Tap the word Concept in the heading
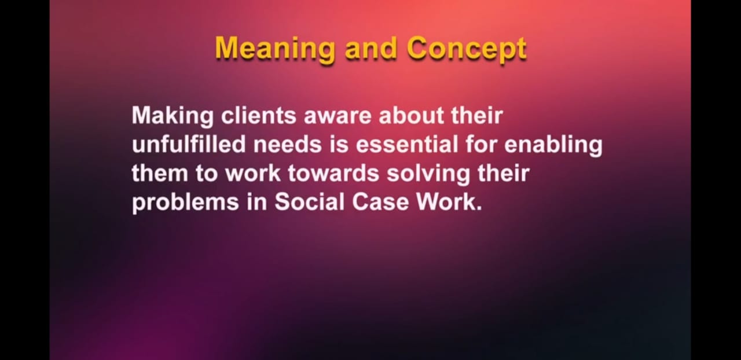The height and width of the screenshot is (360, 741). tap(467, 49)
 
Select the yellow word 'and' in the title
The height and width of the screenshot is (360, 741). tap(371, 47)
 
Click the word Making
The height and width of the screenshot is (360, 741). tap(173, 116)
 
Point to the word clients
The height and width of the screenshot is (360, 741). tap(259, 116)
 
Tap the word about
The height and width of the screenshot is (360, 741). tap(411, 116)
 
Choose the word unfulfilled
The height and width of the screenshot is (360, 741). tap(189, 144)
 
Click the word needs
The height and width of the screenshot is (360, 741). tap(288, 144)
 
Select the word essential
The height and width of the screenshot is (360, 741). tap(407, 144)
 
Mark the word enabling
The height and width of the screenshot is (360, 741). tap(553, 146)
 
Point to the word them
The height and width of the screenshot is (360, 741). tap(160, 173)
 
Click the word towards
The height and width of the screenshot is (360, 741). tap(333, 173)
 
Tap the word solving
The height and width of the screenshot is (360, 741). tap(428, 174)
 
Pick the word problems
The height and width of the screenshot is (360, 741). tap(186, 203)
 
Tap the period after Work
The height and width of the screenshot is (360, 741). tap(479, 208)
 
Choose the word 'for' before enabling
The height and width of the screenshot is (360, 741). tap(481, 144)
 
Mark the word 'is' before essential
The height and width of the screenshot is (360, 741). tap(339, 144)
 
